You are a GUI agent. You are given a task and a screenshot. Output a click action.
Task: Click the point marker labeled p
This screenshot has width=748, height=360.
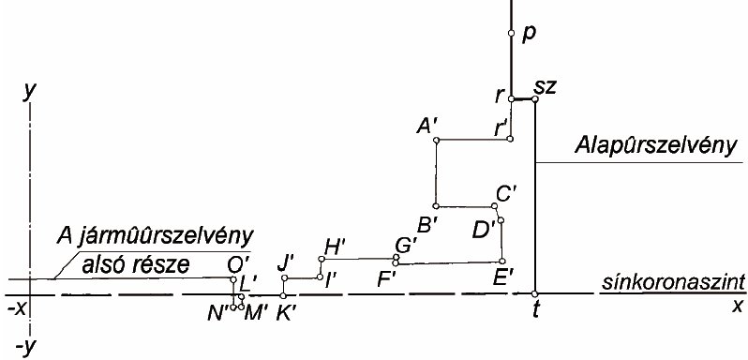(x=511, y=33)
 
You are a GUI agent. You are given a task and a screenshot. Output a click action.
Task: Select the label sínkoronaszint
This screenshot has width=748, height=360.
(x=673, y=283)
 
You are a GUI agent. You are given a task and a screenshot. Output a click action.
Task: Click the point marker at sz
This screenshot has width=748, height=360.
(x=535, y=98)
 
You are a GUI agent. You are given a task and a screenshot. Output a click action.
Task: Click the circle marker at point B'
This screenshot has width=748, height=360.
(x=436, y=206)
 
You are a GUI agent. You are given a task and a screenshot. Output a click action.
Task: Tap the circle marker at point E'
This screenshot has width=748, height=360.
(x=501, y=261)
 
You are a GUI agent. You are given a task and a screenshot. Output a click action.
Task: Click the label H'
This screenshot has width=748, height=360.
(x=335, y=247)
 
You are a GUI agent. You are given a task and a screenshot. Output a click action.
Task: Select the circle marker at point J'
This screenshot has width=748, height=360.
(x=284, y=278)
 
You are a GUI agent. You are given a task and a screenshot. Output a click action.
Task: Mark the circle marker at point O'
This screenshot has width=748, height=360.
(x=233, y=279)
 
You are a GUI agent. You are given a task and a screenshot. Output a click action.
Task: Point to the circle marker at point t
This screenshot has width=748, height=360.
(x=534, y=293)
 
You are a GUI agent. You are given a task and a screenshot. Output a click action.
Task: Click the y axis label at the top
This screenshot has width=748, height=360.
(x=30, y=92)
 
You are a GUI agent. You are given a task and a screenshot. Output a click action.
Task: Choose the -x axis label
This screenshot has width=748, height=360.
(x=16, y=310)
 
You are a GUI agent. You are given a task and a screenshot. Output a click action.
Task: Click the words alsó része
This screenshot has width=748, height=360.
(x=136, y=264)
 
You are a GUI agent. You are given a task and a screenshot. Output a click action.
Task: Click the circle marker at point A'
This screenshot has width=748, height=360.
(x=436, y=140)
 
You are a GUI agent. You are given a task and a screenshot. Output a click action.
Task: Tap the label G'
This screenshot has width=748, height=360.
(x=406, y=245)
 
